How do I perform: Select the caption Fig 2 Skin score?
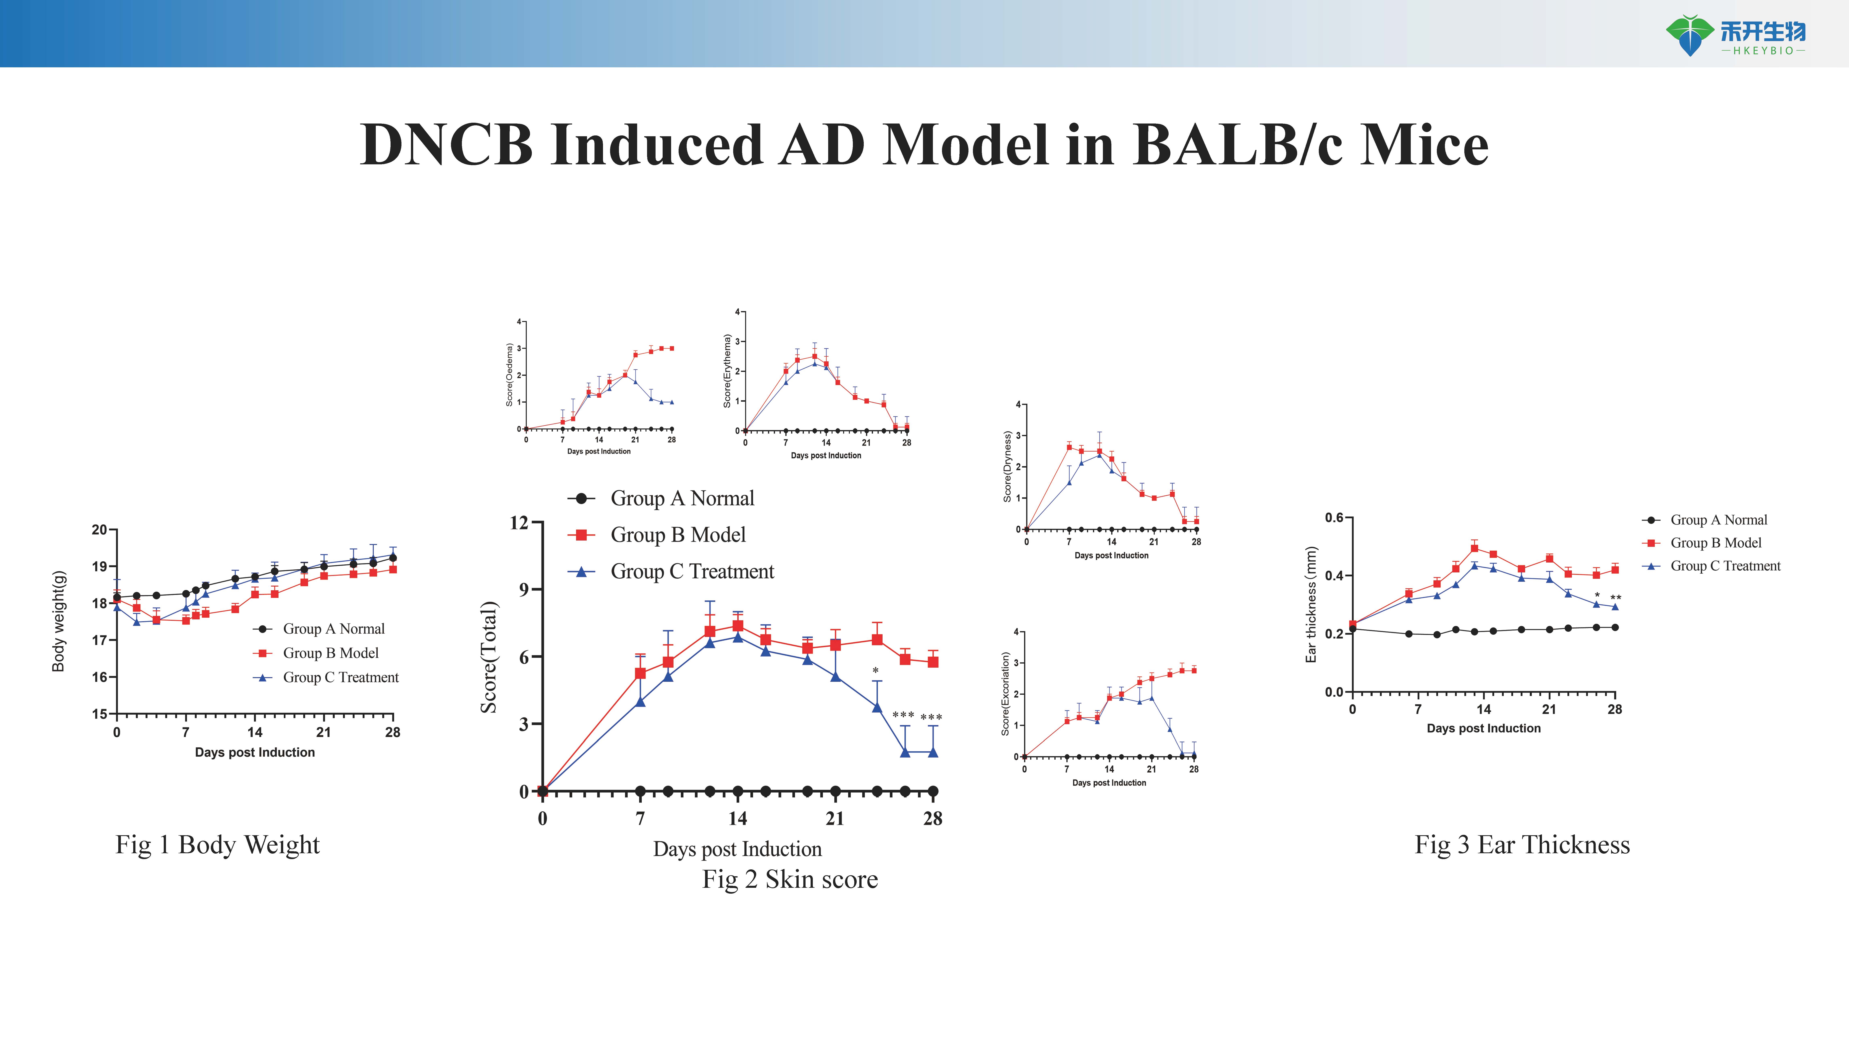pos(790,879)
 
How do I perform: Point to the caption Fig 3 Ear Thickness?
pos(1522,845)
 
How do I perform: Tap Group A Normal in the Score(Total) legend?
pos(682,498)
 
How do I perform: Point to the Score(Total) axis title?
pos(489,657)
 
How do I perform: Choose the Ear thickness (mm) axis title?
pos(1311,604)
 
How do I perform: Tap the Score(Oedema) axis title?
pos(510,375)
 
